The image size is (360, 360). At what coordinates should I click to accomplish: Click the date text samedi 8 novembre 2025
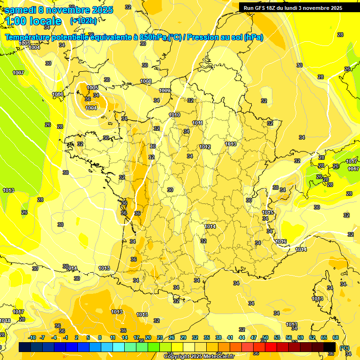(x=59, y=10)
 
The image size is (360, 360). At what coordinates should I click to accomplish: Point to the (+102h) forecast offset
(x=83, y=21)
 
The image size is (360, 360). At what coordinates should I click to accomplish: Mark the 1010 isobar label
(x=174, y=115)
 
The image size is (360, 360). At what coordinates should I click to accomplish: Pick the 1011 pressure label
(x=197, y=123)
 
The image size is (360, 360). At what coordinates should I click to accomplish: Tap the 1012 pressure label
(x=205, y=147)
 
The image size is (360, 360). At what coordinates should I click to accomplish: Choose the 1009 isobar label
(x=165, y=90)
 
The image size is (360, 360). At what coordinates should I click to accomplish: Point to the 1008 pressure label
(x=146, y=82)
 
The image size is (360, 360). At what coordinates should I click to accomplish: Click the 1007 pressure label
(x=18, y=73)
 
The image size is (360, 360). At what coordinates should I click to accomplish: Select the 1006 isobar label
(x=58, y=94)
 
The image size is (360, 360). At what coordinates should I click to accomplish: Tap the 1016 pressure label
(x=281, y=241)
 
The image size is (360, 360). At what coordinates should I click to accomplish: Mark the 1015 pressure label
(x=268, y=212)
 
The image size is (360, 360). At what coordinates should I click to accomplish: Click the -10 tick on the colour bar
(x=32, y=338)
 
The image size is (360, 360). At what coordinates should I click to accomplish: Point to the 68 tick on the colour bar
(x=336, y=338)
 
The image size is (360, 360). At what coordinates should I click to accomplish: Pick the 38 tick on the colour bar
(x=218, y=338)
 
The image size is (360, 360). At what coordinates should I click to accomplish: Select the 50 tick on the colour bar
(x=265, y=338)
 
